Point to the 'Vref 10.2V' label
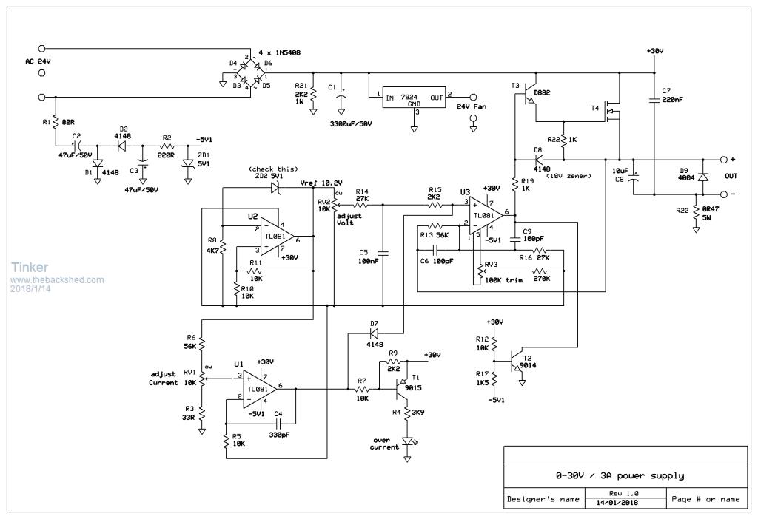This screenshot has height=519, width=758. (321, 183)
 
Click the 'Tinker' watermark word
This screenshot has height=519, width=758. (30, 267)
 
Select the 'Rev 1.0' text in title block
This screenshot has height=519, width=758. (621, 492)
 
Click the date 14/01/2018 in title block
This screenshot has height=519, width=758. (621, 503)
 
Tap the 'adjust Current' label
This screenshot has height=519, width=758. (163, 379)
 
